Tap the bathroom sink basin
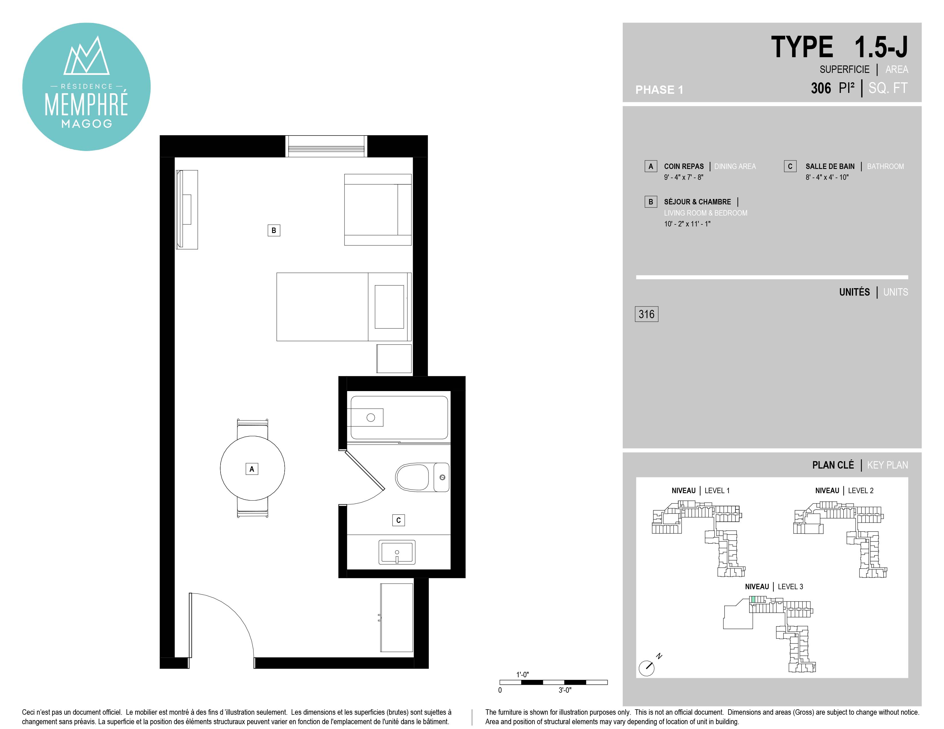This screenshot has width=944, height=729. pos(397,552)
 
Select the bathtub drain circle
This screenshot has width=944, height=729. pos(370,418)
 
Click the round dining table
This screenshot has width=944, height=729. pos(252,468)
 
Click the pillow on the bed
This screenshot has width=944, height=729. pos(389,307)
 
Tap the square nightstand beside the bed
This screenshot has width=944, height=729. pos(394,358)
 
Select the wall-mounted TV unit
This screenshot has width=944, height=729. pos(187,210)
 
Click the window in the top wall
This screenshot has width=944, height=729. pos(326,146)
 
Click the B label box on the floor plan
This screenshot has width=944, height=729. pos(273,230)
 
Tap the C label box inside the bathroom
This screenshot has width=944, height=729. pos(398,520)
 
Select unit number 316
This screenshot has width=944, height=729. pos(646,314)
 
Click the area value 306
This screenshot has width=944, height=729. pos(820,88)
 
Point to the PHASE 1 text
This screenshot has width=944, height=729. pos(659,90)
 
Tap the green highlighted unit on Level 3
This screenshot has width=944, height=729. pos(753,599)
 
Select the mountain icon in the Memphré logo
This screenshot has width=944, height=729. pos(86,56)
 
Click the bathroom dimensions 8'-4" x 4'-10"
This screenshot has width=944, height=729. pos(827,177)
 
